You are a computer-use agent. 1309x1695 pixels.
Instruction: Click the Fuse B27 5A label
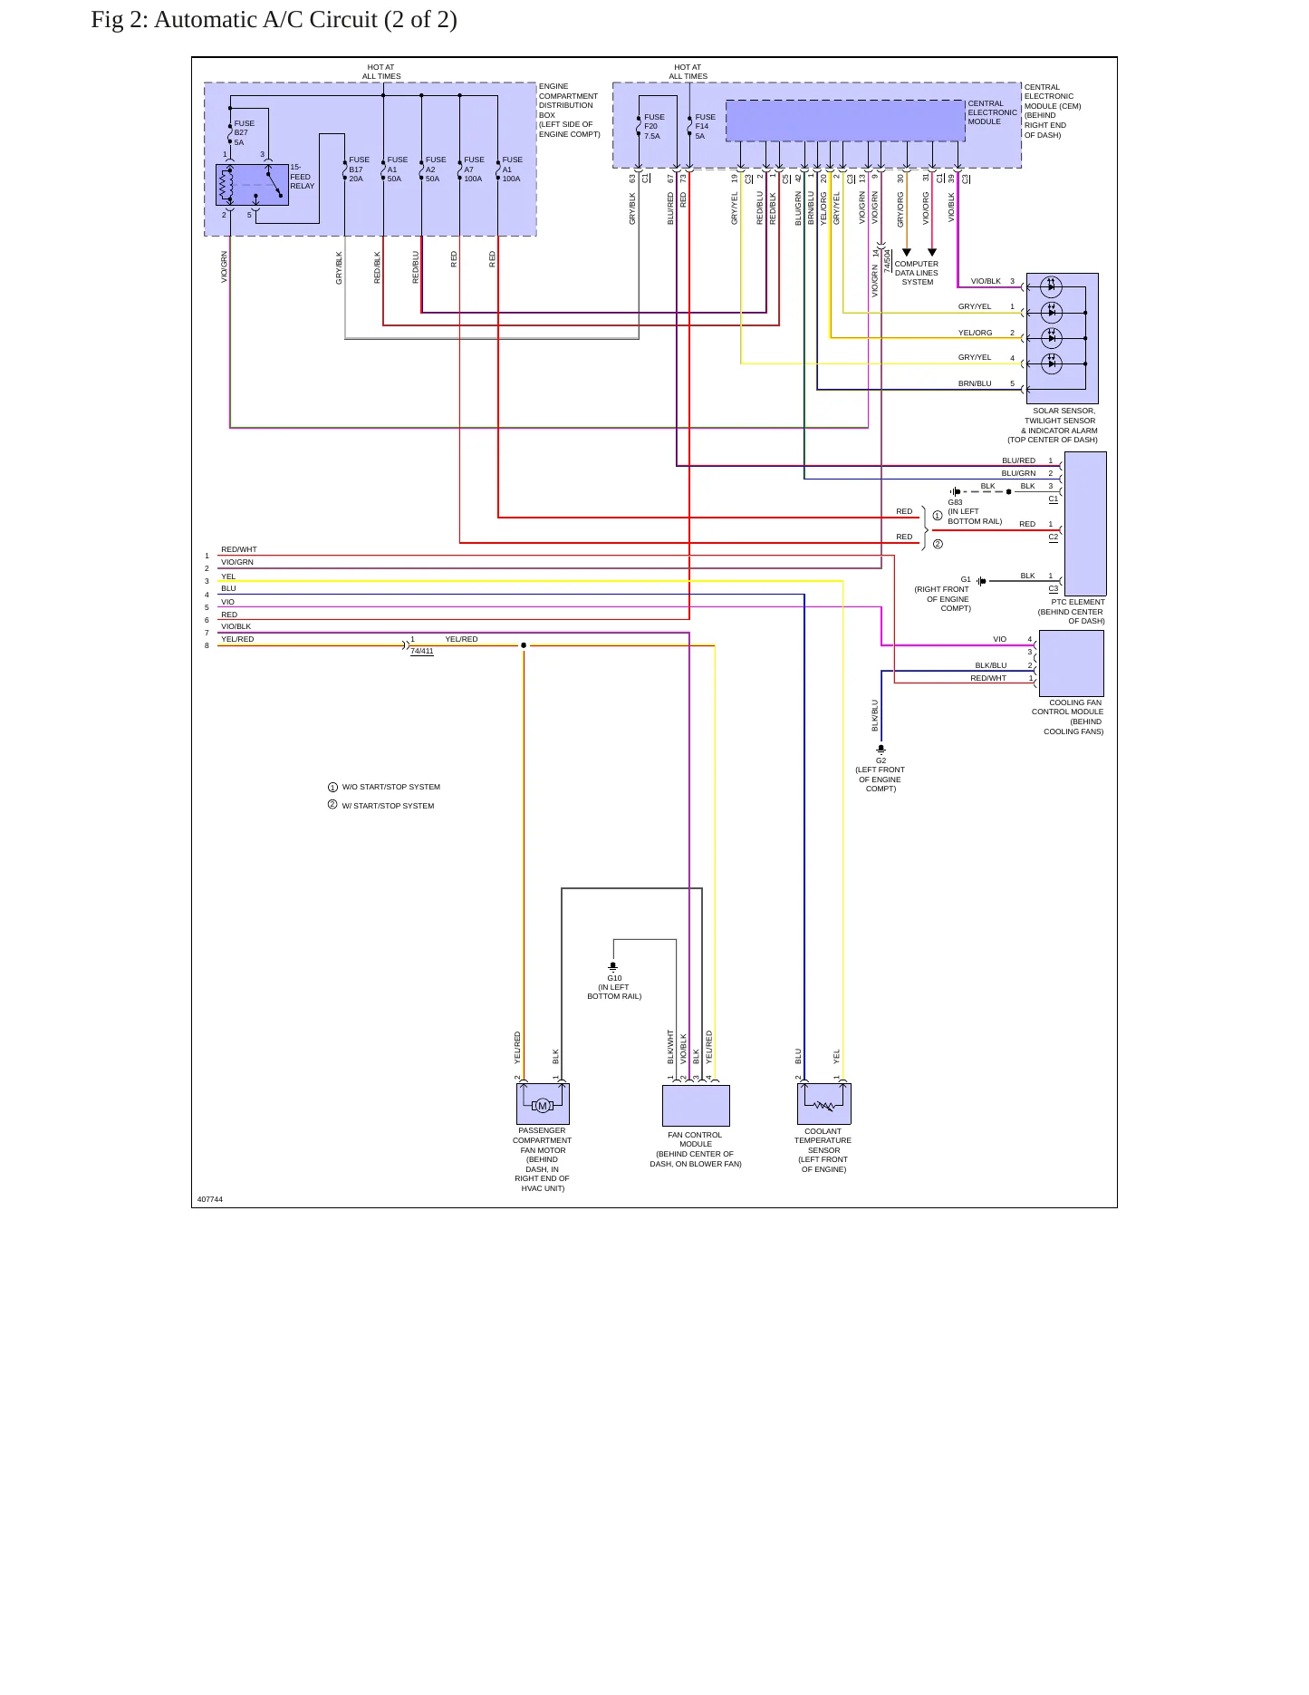click(245, 132)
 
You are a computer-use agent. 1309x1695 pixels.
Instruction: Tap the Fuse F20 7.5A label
click(654, 126)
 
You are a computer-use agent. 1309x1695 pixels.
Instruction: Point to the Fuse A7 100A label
click(474, 169)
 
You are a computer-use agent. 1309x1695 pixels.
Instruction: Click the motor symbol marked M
click(543, 1106)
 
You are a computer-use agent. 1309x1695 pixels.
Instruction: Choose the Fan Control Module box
click(696, 1105)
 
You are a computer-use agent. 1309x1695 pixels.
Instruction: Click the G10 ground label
click(614, 978)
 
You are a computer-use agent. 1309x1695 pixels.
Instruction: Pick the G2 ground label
click(881, 760)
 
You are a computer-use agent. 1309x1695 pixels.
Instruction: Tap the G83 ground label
click(955, 502)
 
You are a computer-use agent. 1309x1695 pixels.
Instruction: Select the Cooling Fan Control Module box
click(1071, 663)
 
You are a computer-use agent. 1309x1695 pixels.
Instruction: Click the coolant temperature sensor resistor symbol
click(824, 1106)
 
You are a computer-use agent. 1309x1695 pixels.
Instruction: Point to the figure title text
click(274, 20)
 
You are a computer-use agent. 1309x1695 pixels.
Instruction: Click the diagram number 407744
click(210, 1199)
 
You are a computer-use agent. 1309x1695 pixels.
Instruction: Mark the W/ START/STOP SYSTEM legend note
click(388, 806)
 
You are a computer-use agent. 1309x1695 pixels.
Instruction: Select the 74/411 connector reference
click(422, 651)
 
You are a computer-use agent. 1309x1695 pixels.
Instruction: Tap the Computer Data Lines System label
click(917, 273)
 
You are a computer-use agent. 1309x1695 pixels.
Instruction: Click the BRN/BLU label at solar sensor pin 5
click(975, 383)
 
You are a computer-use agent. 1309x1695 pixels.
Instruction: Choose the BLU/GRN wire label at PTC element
click(1018, 473)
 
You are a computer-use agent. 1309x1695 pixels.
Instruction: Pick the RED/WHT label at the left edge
click(239, 549)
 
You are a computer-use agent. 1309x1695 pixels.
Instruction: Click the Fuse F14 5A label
click(706, 126)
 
